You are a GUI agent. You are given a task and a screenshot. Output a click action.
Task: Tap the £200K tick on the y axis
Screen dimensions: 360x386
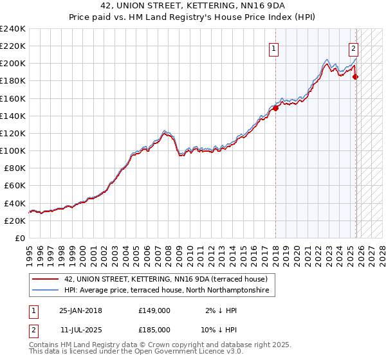tap(13, 64)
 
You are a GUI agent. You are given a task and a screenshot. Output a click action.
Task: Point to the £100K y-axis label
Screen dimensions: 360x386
tap(13, 150)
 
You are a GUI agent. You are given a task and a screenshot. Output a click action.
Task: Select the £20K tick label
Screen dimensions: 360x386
tap(14, 221)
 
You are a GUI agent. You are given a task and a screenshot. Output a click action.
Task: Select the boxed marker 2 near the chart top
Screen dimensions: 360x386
tap(354, 47)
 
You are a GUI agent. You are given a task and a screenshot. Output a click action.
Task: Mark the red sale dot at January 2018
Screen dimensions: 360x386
tap(275, 108)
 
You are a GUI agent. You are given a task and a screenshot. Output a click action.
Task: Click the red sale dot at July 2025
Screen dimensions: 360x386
tap(356, 76)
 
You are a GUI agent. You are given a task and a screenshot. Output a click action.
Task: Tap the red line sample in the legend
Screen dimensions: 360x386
tap(46, 279)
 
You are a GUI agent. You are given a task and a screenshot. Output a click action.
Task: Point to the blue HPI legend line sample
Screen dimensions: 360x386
tap(46, 291)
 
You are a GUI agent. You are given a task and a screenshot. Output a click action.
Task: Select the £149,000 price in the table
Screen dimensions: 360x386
tap(154, 310)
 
